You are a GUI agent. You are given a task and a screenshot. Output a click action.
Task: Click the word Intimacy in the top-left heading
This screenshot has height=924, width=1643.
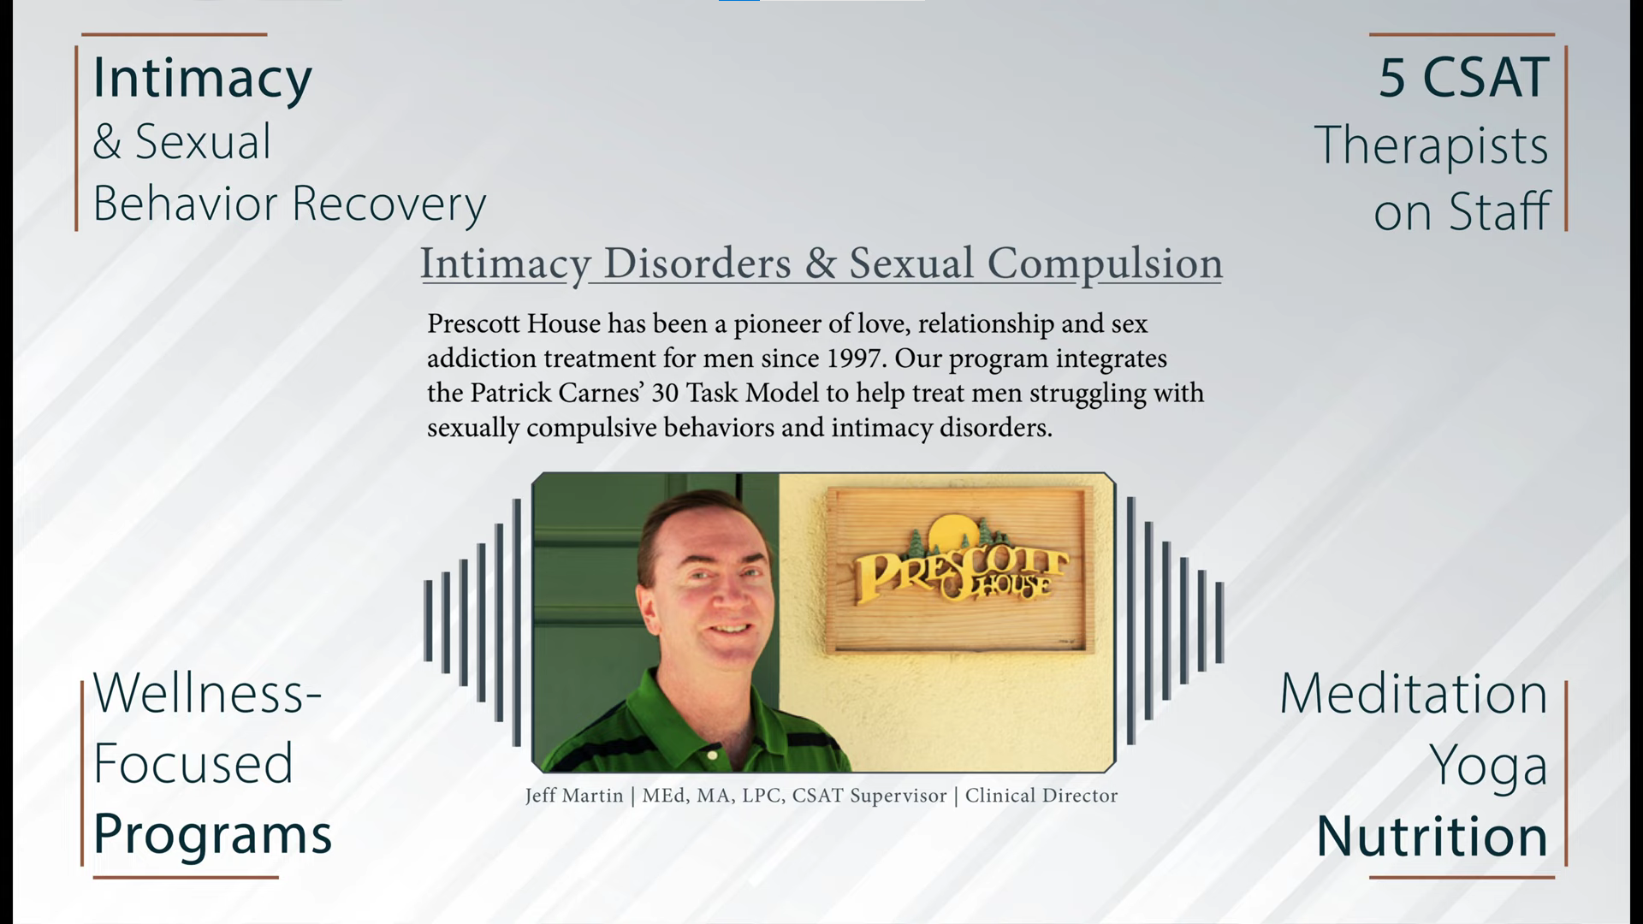click(x=202, y=79)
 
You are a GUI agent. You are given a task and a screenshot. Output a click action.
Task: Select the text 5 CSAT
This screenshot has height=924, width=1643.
click(x=1463, y=78)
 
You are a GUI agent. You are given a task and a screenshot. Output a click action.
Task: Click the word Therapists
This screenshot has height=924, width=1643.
click(x=1431, y=145)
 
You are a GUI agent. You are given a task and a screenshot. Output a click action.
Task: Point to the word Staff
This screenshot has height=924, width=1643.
click(x=1499, y=210)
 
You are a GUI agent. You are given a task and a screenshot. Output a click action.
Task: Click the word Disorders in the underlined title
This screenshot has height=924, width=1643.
click(x=697, y=263)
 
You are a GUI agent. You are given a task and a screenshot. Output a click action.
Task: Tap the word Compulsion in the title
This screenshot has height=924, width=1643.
click(x=1105, y=264)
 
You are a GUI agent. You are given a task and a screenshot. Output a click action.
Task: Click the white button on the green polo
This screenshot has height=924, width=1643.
click(x=712, y=755)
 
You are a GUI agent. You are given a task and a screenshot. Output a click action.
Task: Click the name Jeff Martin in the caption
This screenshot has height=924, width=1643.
click(x=574, y=796)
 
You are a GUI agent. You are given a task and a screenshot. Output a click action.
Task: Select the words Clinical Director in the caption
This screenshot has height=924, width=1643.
click(x=1041, y=796)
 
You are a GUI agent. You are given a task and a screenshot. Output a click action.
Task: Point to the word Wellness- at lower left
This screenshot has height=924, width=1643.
click(x=207, y=693)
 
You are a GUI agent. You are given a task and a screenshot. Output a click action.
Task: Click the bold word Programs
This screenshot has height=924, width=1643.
click(x=212, y=835)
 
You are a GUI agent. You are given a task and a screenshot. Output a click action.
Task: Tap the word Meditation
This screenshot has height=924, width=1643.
click(x=1414, y=694)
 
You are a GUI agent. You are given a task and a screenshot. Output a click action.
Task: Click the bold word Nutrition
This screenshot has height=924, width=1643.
click(x=1432, y=836)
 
